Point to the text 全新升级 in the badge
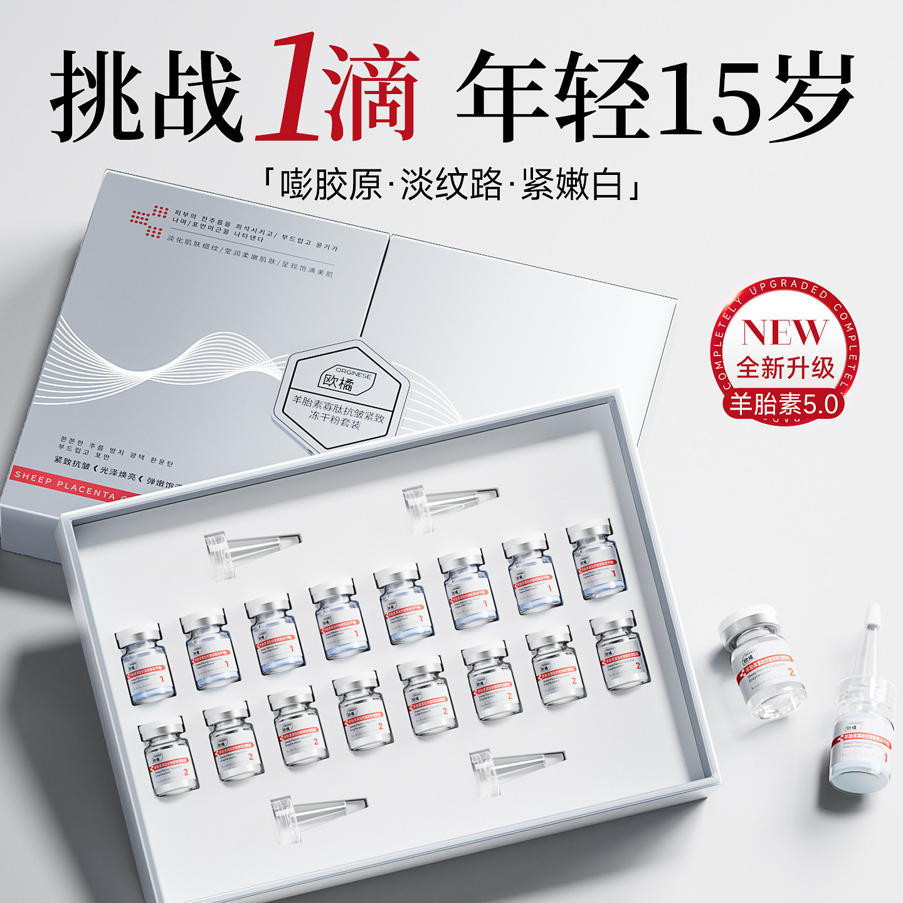pos(785,367)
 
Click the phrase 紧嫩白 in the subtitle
pos(572,184)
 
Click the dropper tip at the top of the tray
pos(449,502)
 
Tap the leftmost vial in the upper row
pos(145,665)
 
